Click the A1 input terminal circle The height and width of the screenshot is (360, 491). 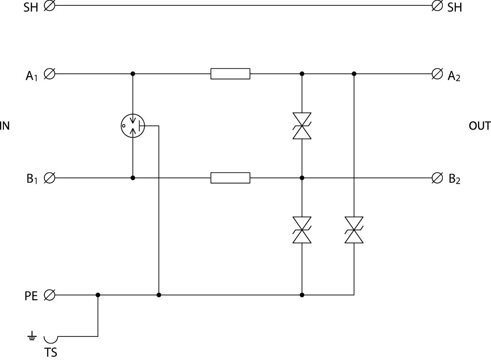pos(49,74)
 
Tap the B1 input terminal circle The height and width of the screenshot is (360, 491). pos(49,178)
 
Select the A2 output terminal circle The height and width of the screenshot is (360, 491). pos(437,74)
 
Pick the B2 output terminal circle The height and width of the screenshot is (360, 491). pos(437,178)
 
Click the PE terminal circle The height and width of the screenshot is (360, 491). pos(49,294)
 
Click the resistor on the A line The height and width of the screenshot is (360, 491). pos(230,74)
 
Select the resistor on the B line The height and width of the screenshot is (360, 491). pos(230,178)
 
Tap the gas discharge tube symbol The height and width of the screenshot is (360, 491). pos(133,126)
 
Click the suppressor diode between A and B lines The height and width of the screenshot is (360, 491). pos(302,126)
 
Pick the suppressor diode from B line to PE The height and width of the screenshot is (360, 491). pos(302,230)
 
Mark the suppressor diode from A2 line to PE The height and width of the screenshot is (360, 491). pos(354,230)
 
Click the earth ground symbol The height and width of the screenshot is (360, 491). pos(32,336)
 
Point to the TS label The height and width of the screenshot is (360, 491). pos(51,353)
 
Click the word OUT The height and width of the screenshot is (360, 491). pos(479,126)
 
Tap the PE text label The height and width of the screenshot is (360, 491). pos(31,295)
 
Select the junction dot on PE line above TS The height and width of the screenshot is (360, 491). pos(98,294)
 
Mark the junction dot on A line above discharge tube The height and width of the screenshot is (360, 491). pos(133,74)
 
